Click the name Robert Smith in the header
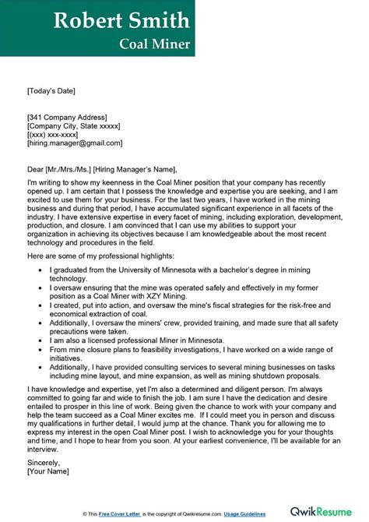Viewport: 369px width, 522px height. [x=121, y=20]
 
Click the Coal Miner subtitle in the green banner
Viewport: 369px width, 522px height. [x=154, y=44]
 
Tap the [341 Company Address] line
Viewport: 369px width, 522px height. [x=70, y=116]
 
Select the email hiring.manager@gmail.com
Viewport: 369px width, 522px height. [x=75, y=143]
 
